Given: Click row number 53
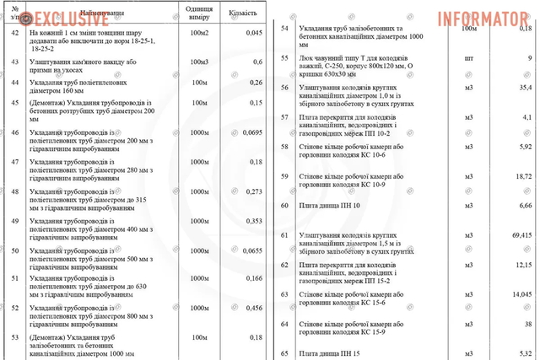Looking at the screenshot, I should (15, 337).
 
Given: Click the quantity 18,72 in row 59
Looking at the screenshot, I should (522, 175).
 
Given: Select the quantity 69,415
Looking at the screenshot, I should (520, 234).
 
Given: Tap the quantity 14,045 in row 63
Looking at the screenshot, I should (520, 293).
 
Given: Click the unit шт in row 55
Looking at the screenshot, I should (469, 57).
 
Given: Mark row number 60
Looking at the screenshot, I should (285, 205).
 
